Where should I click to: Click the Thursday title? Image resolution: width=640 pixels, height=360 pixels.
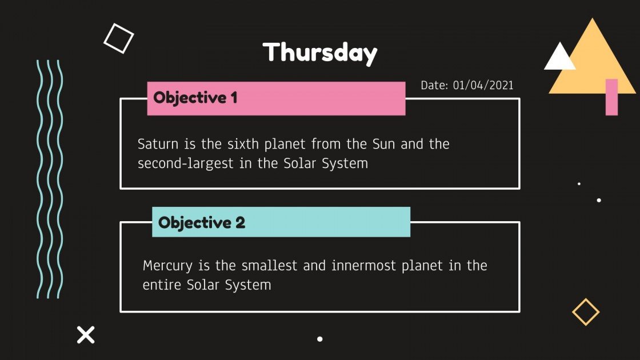tap(320, 53)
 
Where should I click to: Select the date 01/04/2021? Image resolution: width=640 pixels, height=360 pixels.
tap(483, 86)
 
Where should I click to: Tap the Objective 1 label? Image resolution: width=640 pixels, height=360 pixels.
tap(195, 98)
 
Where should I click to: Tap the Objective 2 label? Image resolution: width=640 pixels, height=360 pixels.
tap(202, 222)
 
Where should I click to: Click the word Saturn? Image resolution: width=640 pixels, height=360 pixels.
tap(157, 144)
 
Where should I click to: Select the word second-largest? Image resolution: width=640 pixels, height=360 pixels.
tap(185, 163)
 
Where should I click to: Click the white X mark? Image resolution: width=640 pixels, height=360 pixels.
tap(86, 334)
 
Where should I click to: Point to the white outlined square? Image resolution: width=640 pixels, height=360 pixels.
tap(118, 38)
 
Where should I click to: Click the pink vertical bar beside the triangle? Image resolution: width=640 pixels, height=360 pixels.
tap(611, 97)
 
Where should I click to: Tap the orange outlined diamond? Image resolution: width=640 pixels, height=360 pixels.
tap(586, 312)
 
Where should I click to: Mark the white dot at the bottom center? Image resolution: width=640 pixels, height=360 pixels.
tap(320, 339)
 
